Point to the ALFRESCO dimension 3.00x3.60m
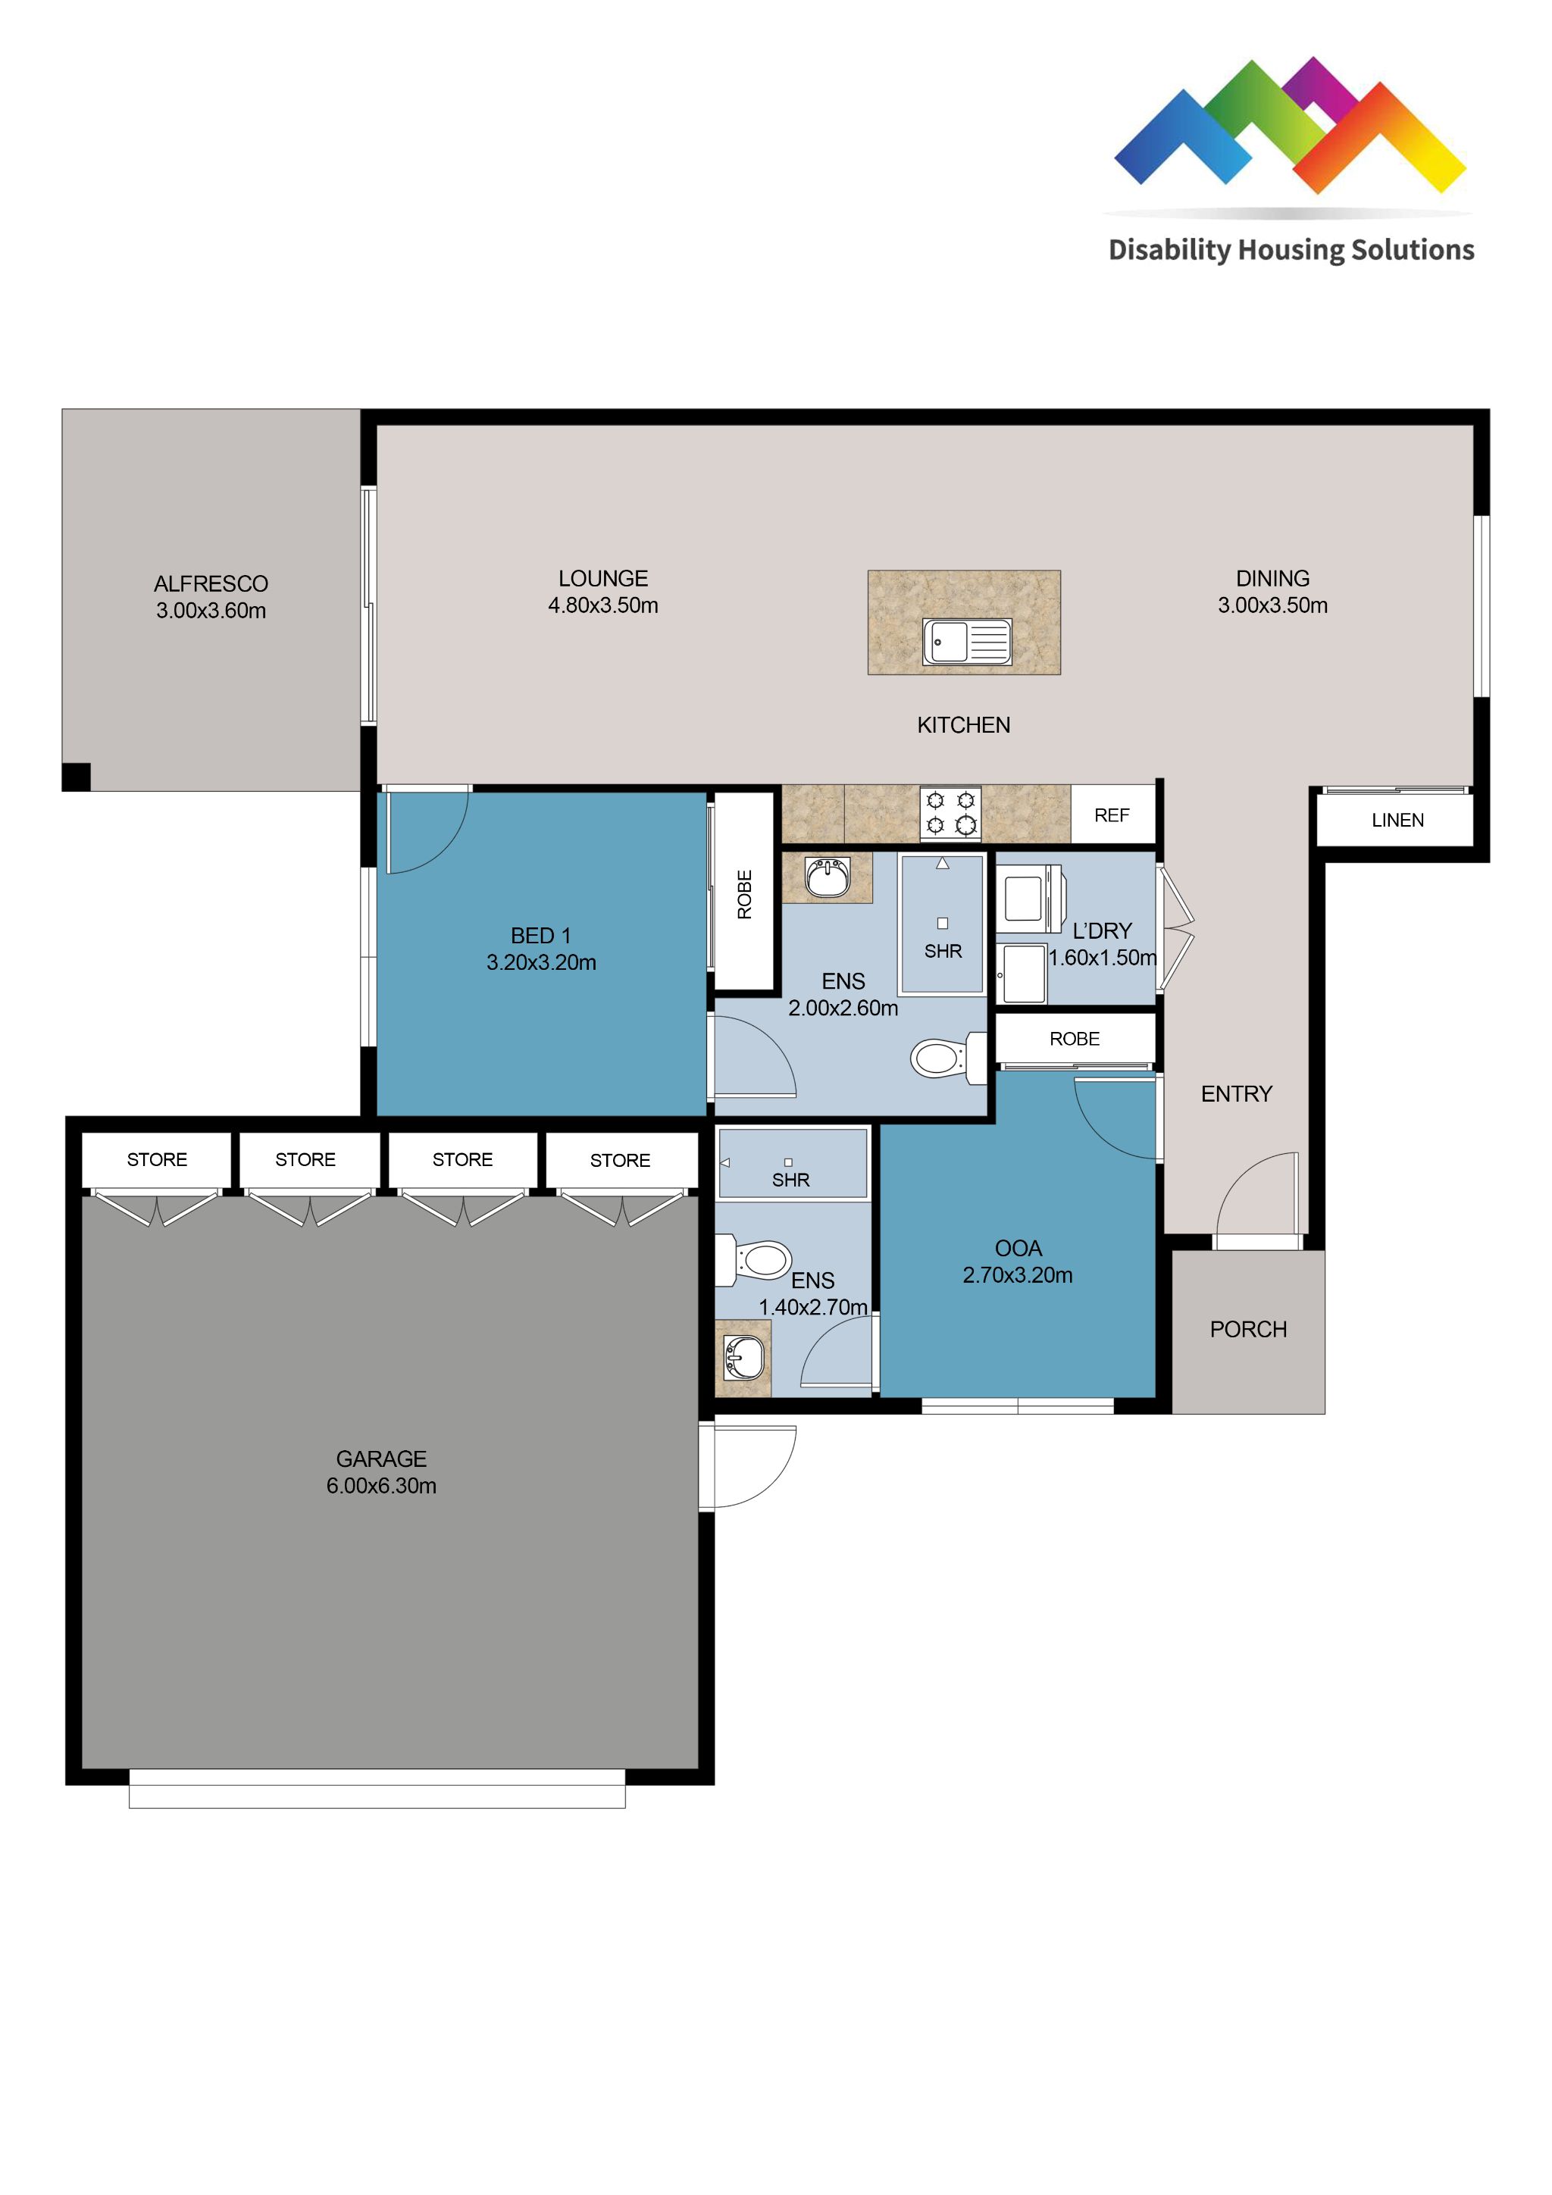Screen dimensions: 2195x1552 tap(211, 611)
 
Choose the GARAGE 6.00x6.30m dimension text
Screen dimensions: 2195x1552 tap(380, 1486)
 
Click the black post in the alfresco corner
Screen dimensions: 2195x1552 tap(77, 777)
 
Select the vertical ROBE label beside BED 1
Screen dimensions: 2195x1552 tap(744, 894)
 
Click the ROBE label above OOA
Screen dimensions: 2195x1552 tap(1074, 1040)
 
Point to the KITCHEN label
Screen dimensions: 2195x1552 tap(963, 726)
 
